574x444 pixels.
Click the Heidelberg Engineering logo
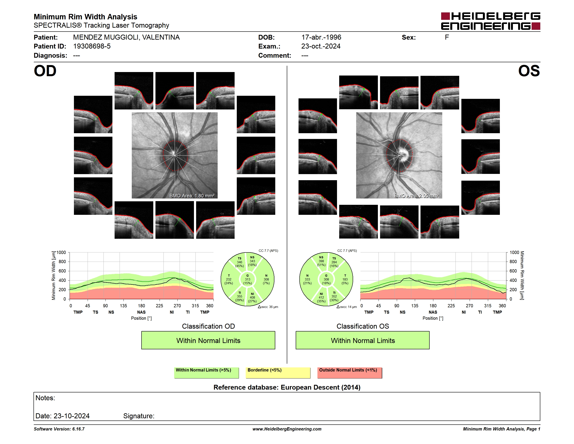491,21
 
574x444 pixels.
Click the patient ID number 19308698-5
92,46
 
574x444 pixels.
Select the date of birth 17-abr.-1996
321,37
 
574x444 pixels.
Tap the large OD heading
45,71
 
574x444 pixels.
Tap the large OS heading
529,71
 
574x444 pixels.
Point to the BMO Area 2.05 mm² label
417,196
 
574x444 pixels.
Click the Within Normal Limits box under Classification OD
208,340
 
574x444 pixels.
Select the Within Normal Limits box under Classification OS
363,340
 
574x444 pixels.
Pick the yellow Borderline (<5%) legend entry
278,373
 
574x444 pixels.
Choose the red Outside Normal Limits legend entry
350,373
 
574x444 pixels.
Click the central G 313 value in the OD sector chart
247,279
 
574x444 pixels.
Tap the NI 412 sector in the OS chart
321,298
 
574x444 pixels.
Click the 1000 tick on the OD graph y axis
61,252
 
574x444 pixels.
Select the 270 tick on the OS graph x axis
469,306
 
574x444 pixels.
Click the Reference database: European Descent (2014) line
287,387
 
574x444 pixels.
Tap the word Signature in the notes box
139,416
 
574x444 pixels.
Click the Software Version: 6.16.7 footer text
59,429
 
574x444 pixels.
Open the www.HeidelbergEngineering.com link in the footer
287,429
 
